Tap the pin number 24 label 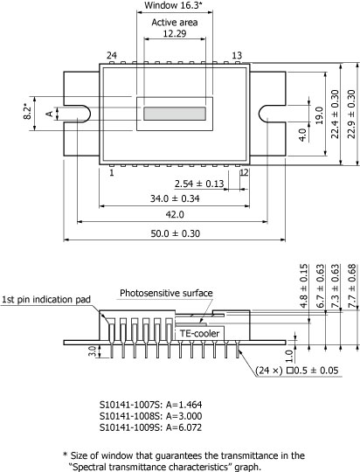coord(111,56)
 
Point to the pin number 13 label coord(237,56)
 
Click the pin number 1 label coord(112,173)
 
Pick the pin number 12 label coord(244,173)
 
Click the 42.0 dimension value coord(175,214)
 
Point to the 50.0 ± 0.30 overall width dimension coord(176,231)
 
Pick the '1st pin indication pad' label coord(45,299)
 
